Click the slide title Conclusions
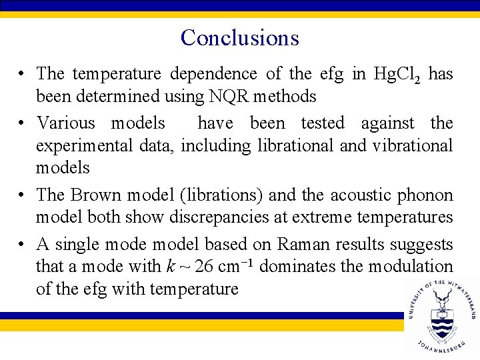239,37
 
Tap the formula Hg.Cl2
397,74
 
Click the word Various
67,123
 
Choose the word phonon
426,195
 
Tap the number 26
205,267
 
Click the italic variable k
171,267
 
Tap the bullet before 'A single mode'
23,245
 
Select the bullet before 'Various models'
23,123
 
